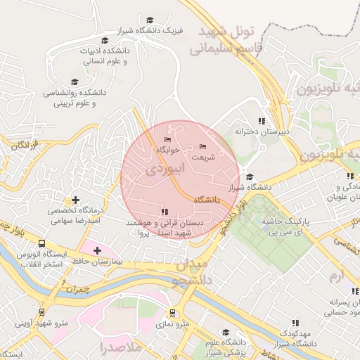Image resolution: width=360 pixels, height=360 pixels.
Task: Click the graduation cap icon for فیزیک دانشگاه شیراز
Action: coord(149,20)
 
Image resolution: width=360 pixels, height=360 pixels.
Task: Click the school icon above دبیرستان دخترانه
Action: coord(262,120)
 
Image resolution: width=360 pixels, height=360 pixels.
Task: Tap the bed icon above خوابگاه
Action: coord(167,139)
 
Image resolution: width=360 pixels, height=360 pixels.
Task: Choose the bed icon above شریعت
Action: coord(203,146)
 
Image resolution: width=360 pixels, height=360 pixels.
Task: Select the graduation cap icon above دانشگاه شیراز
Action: coord(250,176)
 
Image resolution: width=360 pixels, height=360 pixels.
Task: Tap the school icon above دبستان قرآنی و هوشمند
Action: coord(165,211)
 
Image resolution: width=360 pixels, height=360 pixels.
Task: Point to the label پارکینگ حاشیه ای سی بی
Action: coord(302,225)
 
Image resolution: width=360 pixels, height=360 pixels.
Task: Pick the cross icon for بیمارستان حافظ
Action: coord(97,250)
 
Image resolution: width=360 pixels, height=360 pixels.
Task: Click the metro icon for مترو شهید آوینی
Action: coord(43,311)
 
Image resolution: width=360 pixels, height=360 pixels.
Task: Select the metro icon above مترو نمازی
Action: coord(172,312)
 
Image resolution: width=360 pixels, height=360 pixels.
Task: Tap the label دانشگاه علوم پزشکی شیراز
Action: coord(224,347)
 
